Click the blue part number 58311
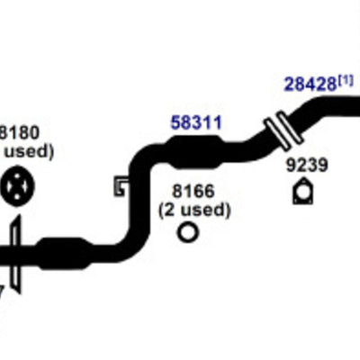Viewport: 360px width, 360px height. point(196,123)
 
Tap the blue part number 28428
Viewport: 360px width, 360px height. point(310,85)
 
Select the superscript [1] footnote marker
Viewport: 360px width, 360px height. point(346,80)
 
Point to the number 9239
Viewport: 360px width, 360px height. point(307,166)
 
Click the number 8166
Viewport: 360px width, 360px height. point(193,191)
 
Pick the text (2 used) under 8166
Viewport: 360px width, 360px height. point(194,211)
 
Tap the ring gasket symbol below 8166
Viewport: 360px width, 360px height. point(188,232)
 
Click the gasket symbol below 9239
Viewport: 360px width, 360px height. point(303,192)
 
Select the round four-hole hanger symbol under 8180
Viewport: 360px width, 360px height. point(18,186)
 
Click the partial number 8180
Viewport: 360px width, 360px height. point(19,132)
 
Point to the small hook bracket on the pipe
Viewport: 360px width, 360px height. point(120,186)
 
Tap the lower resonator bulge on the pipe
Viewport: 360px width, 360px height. point(64,253)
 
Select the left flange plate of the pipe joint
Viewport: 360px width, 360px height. point(277,134)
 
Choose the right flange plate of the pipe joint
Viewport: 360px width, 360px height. point(291,127)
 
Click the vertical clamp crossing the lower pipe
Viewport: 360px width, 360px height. point(16,254)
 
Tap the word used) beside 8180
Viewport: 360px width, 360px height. point(29,152)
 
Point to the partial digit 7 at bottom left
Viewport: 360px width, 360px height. point(2,292)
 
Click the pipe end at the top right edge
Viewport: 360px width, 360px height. point(356,106)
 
